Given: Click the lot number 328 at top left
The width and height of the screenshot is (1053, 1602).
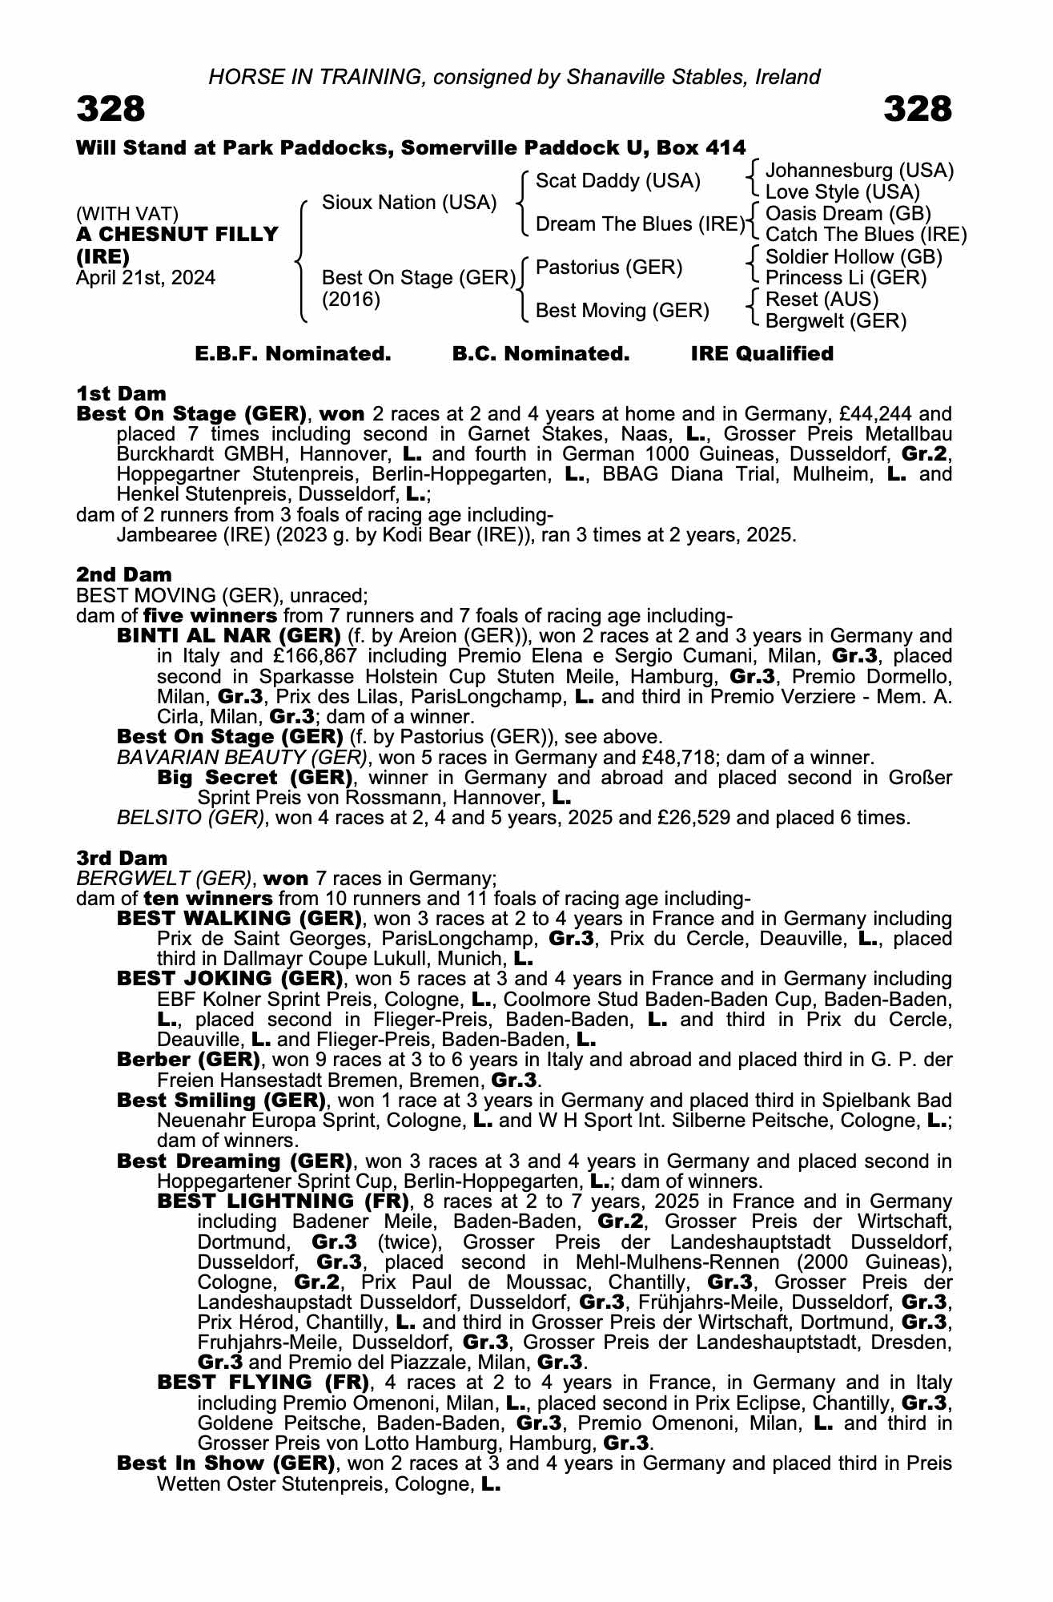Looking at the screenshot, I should click(111, 109).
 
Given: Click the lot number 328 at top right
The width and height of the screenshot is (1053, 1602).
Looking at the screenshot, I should click(918, 109).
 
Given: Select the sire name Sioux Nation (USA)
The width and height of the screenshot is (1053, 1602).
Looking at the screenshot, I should click(409, 203).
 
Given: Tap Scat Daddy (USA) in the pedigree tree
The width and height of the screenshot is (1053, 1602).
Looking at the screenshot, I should click(617, 181).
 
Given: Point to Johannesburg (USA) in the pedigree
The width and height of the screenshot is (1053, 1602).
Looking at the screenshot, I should click(859, 171).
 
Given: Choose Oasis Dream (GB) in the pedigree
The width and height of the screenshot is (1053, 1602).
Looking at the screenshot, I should click(848, 214).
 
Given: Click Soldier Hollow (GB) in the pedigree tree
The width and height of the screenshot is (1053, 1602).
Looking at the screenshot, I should click(854, 257).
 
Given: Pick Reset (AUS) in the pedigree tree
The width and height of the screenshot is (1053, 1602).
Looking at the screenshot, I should click(822, 300).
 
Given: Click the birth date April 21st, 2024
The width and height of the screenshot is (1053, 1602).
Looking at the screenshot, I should click(146, 278).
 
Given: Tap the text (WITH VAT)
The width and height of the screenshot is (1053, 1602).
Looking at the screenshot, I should click(127, 214).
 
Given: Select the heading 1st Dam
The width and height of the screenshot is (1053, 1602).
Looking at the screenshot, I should click(121, 393).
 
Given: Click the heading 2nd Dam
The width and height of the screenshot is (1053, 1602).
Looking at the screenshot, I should click(123, 574).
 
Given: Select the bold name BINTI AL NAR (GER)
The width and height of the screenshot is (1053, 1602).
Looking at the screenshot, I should click(229, 636).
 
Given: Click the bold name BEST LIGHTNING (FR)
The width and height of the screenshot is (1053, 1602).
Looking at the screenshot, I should click(283, 1201).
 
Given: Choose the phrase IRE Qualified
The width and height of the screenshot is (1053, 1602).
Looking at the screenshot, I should click(762, 354).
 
